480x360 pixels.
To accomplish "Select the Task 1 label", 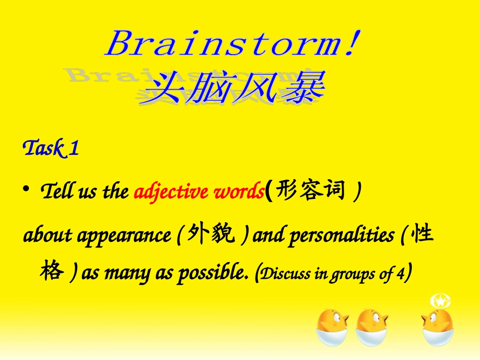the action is pyautogui.click(x=51, y=148).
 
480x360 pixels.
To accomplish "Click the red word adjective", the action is pyautogui.click(x=172, y=192).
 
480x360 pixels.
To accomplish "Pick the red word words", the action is pyautogui.click(x=239, y=191).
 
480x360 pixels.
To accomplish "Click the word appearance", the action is pyautogui.click(x=124, y=236).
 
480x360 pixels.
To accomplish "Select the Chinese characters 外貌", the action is pyautogui.click(x=211, y=234).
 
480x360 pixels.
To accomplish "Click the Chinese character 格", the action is pyautogui.click(x=53, y=271).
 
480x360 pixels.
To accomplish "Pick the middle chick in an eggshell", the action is pyautogui.click(x=371, y=327).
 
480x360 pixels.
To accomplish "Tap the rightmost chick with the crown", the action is pyautogui.click(x=437, y=327).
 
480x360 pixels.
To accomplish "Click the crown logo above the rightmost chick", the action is pyautogui.click(x=441, y=301).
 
